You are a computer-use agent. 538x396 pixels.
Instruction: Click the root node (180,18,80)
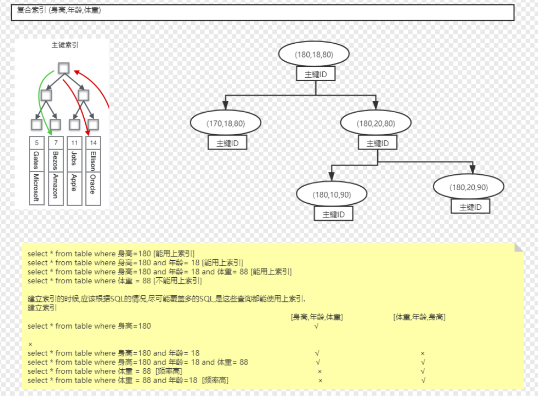tap(314, 54)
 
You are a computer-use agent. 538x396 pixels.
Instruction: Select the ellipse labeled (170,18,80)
tap(226, 123)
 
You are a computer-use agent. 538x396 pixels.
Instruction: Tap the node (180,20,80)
tap(376, 123)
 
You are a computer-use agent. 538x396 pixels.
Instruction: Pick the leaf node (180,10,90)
tap(331, 194)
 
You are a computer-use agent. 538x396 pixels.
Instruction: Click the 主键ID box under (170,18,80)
tap(228, 142)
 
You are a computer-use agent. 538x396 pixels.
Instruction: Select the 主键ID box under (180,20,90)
tap(470, 207)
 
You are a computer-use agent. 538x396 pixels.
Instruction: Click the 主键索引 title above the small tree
tap(65, 45)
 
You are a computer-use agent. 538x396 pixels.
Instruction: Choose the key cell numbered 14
tap(93, 142)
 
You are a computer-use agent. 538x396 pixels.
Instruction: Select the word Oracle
tap(92, 184)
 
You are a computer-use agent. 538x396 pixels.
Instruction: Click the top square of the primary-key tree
tap(63, 68)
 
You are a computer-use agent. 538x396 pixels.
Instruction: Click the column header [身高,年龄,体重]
tap(317, 317)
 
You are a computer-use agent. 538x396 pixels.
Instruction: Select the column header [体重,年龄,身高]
tap(419, 317)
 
